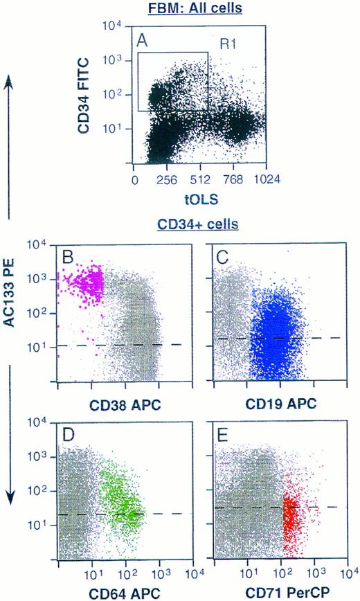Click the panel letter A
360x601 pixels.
pos(143,43)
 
